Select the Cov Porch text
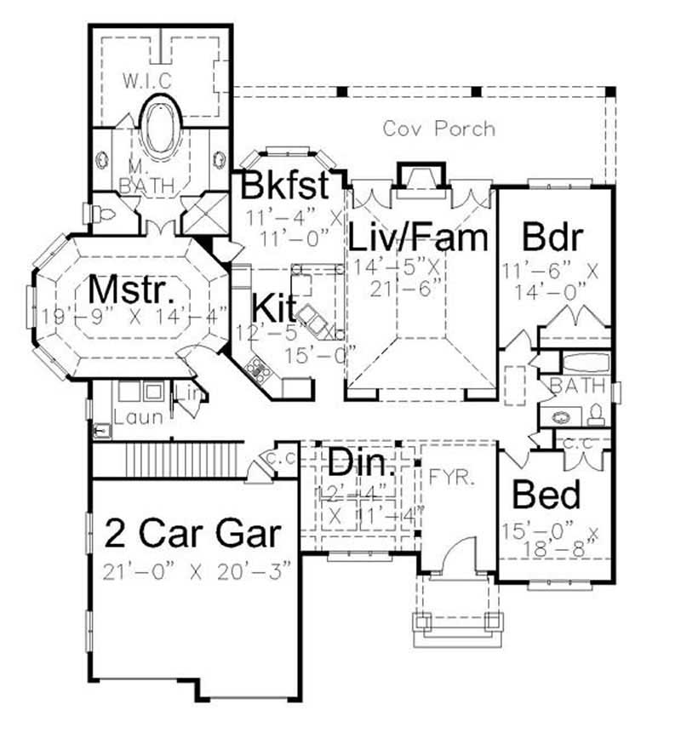coord(438,129)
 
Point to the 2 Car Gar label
coord(192,534)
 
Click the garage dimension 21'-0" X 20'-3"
coord(197,569)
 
